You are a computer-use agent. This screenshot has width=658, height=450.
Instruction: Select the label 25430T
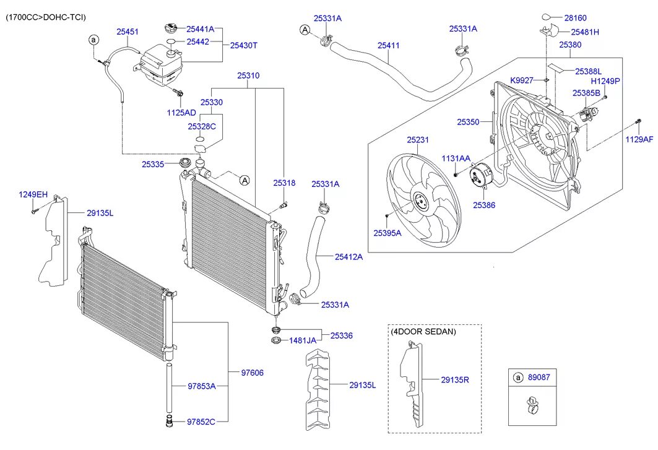tap(243, 45)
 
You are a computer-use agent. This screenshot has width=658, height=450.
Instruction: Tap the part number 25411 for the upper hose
tap(389, 45)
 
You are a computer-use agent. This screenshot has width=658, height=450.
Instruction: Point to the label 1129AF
tap(639, 139)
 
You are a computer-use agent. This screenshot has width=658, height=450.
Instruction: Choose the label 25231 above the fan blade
tap(417, 140)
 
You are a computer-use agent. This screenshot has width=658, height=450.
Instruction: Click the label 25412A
tap(348, 256)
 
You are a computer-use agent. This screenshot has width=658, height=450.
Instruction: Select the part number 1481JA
tap(303, 340)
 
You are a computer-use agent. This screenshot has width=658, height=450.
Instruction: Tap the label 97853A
tap(201, 386)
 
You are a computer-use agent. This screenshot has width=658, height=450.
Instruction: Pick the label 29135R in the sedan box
tap(455, 379)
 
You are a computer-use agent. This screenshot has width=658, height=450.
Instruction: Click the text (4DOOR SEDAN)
tap(423, 331)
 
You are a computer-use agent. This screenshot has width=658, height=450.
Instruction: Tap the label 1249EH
tap(33, 194)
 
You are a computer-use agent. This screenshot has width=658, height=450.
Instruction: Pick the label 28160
tap(574, 18)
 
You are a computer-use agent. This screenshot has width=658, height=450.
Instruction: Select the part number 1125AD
tap(181, 113)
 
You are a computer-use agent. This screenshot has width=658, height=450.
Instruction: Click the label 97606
tap(252, 373)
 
